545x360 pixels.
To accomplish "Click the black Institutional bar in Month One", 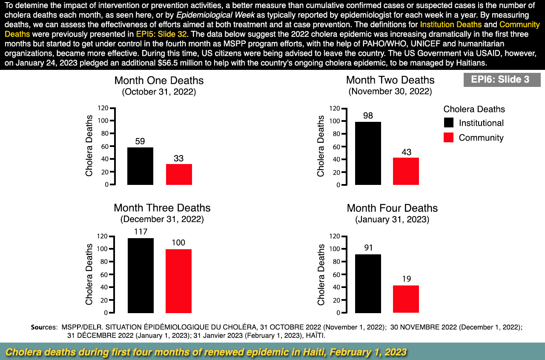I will pos(140,166).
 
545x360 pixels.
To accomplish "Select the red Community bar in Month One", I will pos(179,174).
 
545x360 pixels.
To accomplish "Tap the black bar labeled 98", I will pos(368,153).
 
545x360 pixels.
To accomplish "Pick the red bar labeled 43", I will pos(406,171).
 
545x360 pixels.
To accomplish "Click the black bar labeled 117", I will pos(141,275).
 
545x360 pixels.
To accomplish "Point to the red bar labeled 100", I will pos(178,281).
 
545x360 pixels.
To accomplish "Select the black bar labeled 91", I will pos(368,283).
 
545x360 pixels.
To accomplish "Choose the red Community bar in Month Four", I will pos(406,299).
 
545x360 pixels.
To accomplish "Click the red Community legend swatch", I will pos(448,138).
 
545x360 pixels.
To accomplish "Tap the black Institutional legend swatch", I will pos(448,123).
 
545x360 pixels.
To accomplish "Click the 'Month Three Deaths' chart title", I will pos(162,208).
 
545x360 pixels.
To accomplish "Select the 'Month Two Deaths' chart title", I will pos(390,80).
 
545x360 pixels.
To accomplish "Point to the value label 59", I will pos(140,141).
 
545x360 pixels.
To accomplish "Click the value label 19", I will pos(406,279).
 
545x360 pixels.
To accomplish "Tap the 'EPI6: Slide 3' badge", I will pos(502,80).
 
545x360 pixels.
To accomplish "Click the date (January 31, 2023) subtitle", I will pos(392,220).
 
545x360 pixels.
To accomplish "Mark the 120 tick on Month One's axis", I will pos(103,108).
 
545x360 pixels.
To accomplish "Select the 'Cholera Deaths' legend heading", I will pos(474,109).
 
